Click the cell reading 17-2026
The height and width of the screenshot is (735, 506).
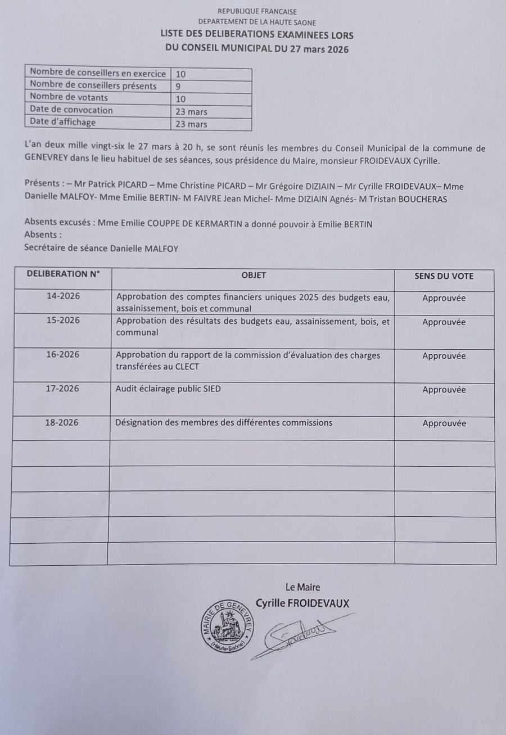pos(62,389)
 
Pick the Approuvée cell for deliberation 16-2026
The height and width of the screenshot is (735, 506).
pos(444,355)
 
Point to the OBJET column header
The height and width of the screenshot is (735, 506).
pos(254,276)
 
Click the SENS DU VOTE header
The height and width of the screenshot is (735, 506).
pos(444,276)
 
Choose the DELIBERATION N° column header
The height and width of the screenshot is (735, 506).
pos(62,274)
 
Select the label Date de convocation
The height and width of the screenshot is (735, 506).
pos(71,110)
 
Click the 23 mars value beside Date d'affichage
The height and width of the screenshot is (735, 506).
pos(191,124)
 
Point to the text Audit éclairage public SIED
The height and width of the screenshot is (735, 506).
pos(168,389)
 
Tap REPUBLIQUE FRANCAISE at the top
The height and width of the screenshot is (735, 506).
pos(257,11)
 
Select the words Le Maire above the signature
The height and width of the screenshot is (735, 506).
pos(302,588)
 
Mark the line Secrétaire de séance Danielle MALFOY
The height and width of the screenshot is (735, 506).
pos(101,248)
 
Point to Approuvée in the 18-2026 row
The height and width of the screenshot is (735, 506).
pos(444,423)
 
